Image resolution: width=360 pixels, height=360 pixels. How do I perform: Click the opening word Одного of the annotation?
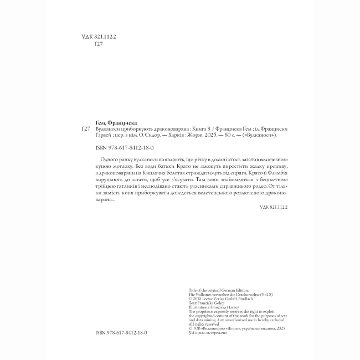pyautogui.click(x=106, y=159)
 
